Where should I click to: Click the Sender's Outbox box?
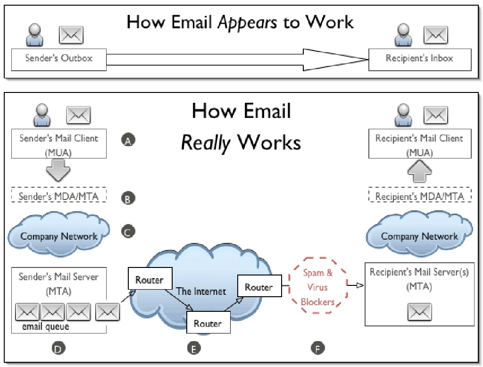59,59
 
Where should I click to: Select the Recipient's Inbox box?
419,59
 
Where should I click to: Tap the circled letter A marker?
128,140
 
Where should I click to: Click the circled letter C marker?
128,232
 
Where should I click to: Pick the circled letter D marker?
58,349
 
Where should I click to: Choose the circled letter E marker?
193,349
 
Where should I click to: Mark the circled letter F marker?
318,349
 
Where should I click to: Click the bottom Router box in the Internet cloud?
208,324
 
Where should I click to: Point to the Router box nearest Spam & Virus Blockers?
258,287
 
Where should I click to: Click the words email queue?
45,327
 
